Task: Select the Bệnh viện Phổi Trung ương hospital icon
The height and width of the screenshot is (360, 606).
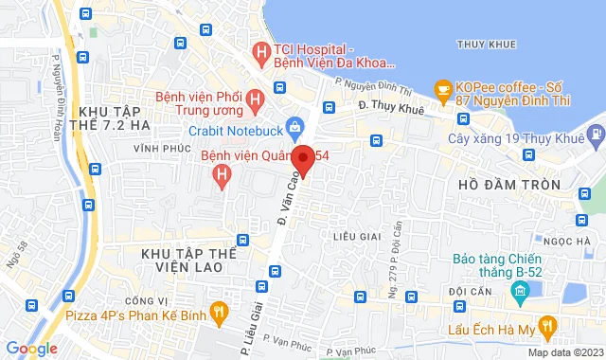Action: pos(254,99)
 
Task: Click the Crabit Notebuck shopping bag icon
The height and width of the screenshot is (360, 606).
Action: pos(294,126)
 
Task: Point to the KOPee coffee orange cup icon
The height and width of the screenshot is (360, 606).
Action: pos(442,89)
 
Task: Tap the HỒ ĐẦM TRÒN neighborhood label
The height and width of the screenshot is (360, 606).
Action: pos(508,183)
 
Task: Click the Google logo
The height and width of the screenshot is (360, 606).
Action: pos(30,348)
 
